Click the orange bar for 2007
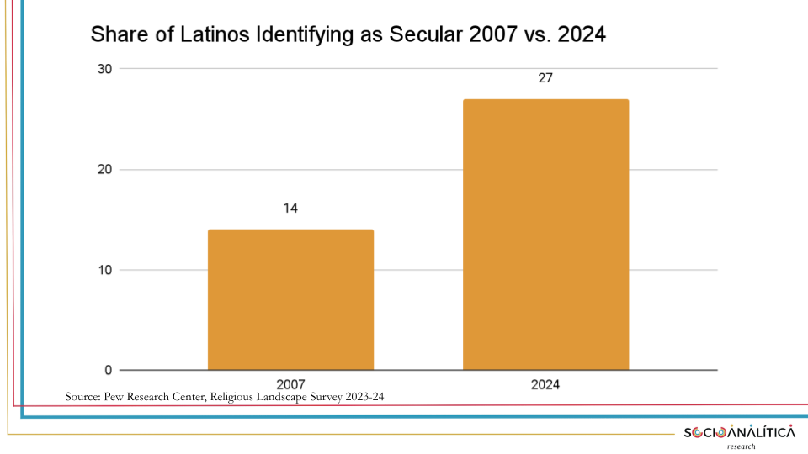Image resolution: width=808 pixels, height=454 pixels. click(290, 299)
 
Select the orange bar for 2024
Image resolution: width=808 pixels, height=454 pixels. click(545, 235)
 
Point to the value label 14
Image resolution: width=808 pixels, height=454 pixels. click(290, 209)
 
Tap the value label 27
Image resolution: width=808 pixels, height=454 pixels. click(545, 78)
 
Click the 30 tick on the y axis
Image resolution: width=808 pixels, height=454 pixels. click(104, 69)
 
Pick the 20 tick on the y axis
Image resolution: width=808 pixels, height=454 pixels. click(104, 170)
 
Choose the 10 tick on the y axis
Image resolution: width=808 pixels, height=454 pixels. click(104, 270)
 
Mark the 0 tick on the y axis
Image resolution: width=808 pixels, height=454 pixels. click(109, 370)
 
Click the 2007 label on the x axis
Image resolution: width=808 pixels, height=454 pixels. click(290, 384)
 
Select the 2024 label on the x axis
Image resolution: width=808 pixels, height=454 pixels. click(545, 384)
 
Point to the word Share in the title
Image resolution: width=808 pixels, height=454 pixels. click(114, 35)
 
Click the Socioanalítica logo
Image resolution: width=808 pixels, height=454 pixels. click(739, 432)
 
